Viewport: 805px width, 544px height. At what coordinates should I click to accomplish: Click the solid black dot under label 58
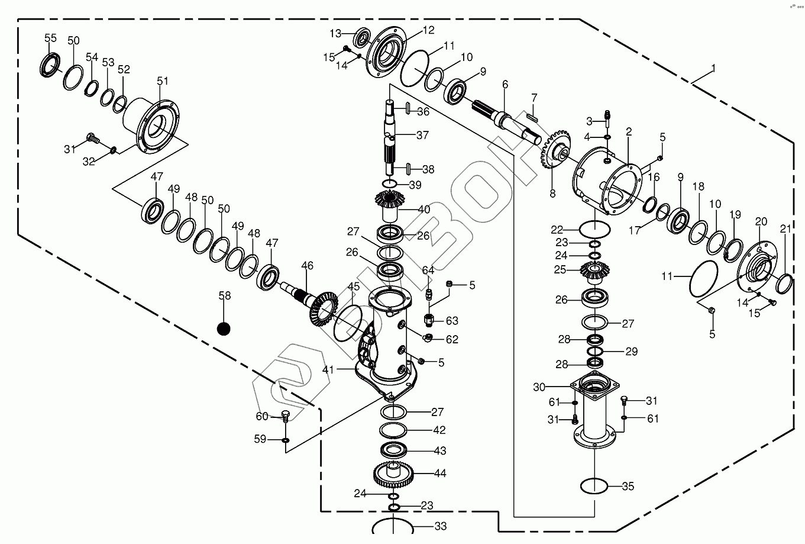pos(224,329)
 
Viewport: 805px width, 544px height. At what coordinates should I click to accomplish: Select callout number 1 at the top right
pos(713,69)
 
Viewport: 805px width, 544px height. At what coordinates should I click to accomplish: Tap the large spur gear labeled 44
pos(394,473)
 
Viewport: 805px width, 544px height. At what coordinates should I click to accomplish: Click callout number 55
pos(51,38)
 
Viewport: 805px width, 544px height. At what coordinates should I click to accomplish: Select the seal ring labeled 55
pos(50,65)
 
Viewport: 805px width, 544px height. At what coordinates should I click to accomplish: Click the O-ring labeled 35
pos(594,487)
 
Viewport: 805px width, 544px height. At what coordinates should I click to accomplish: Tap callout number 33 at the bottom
pos(440,526)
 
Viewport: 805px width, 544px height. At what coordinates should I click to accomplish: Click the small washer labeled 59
pos(285,440)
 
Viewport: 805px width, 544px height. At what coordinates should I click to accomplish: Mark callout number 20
pos(761,221)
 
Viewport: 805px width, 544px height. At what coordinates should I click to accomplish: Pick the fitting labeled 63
pos(431,320)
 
